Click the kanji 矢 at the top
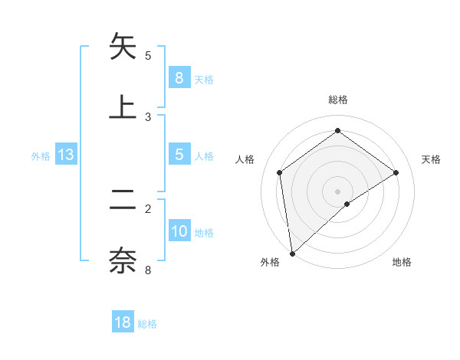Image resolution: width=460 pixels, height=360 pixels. tap(123, 47)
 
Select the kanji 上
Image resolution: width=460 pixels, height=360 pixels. tap(123, 107)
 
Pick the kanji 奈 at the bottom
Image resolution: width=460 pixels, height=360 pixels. tap(123, 260)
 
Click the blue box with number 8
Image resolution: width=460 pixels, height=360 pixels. tap(179, 77)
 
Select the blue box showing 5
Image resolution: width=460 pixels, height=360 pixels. tap(179, 155)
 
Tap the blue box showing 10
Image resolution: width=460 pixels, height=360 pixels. tap(179, 232)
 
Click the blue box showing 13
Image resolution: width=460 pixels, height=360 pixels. tap(66, 155)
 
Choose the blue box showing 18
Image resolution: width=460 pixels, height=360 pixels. tap(123, 322)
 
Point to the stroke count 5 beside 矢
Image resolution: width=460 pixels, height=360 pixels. tap(148, 55)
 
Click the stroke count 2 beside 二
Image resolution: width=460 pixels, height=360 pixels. tap(148, 208)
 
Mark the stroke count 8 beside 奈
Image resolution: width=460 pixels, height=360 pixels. tap(148, 270)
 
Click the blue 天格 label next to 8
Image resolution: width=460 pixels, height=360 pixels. tap(204, 79)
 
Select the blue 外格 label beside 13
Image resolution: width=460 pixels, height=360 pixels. tap(41, 156)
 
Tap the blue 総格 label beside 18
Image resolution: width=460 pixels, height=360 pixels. tap(147, 324)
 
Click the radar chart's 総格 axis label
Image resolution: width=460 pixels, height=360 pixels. tap(338, 100)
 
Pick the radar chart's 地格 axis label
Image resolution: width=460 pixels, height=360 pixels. tap(402, 262)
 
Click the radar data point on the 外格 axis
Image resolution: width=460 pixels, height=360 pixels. tap(291, 253)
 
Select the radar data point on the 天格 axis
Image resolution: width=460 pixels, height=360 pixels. tap(396, 172)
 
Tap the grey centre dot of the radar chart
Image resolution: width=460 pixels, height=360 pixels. tap(338, 191)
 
